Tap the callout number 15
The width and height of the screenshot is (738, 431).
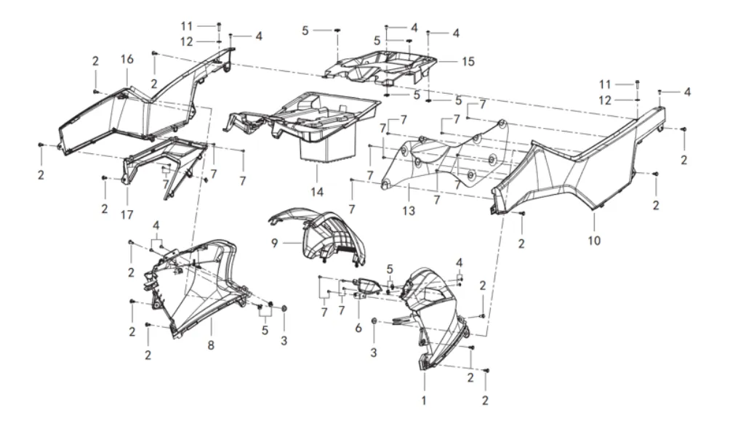tap(468, 62)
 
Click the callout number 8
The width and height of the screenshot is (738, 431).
tap(211, 346)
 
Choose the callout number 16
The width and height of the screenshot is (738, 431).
tap(127, 59)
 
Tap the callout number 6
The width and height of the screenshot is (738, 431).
tap(358, 328)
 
